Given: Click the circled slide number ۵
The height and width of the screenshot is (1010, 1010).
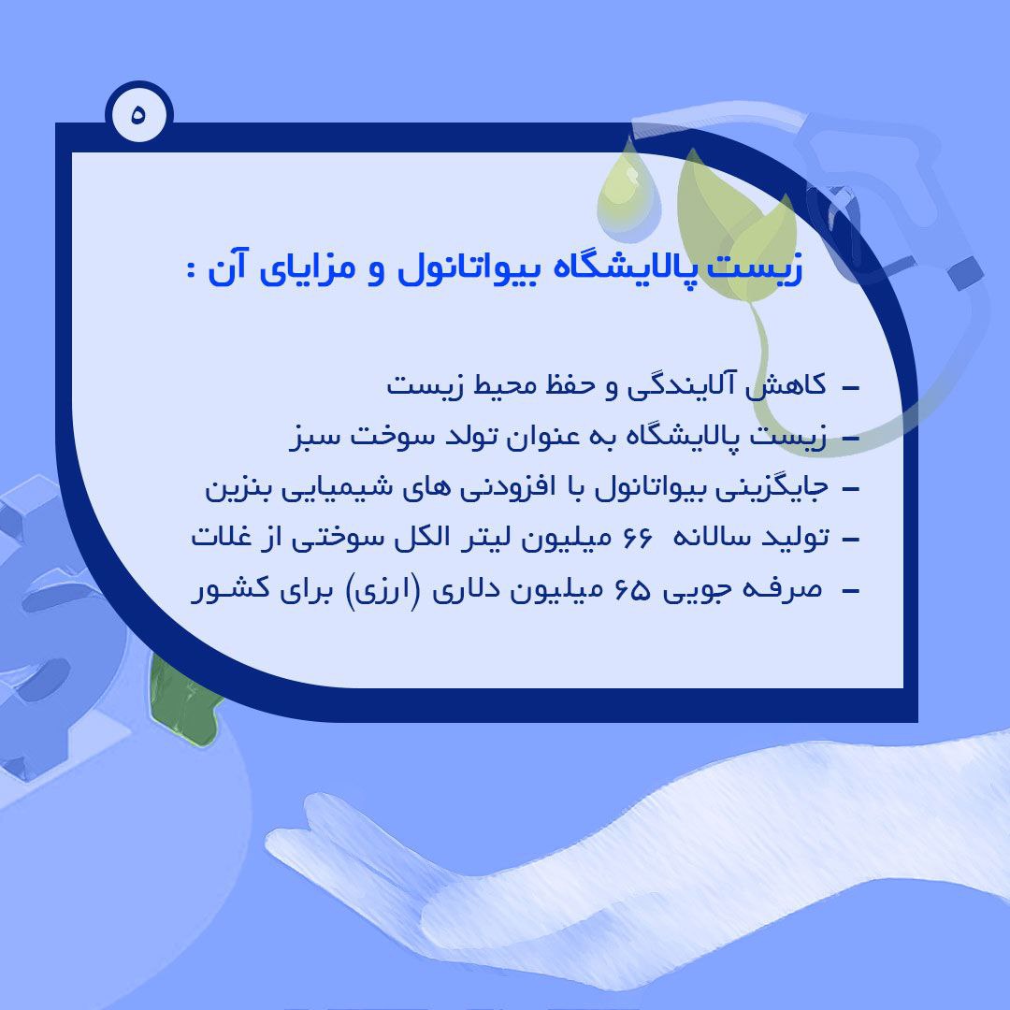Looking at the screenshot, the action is tap(139, 114).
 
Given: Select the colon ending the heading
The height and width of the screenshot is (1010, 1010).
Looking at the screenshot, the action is tap(191, 269).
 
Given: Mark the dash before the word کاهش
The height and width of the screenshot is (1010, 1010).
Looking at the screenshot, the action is tap(851, 388).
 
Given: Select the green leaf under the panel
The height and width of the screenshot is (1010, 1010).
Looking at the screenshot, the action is tap(183, 702).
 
